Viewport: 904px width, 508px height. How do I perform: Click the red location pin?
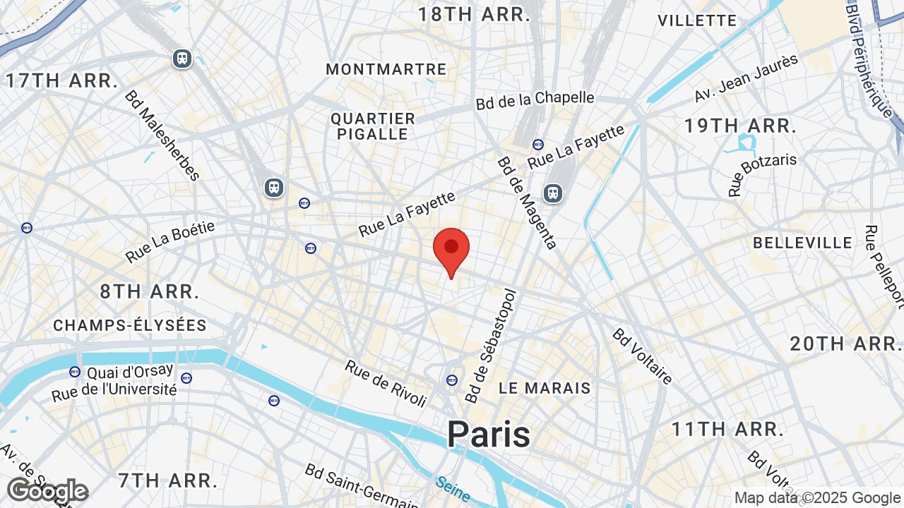[451, 248]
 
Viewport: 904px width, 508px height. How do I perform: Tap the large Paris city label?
[488, 434]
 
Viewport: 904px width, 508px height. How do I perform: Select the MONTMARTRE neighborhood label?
[386, 69]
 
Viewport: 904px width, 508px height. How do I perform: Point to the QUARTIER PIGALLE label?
[373, 126]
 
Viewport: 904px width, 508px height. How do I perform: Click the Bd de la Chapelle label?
[535, 100]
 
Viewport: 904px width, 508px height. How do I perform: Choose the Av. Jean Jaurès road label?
[747, 78]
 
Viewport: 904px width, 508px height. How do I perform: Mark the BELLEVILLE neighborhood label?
[802, 243]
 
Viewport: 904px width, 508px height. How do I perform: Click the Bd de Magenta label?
[528, 202]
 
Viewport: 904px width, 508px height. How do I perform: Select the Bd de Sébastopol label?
[492, 345]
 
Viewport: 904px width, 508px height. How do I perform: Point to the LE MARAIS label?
[545, 388]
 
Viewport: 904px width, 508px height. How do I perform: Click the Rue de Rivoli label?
[386, 383]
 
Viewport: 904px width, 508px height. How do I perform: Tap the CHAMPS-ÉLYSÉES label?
[130, 325]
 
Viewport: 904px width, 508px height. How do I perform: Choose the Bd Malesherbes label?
[163, 135]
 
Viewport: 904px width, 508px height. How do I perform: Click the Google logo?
[47, 490]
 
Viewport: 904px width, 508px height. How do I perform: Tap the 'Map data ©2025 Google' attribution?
[817, 497]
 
